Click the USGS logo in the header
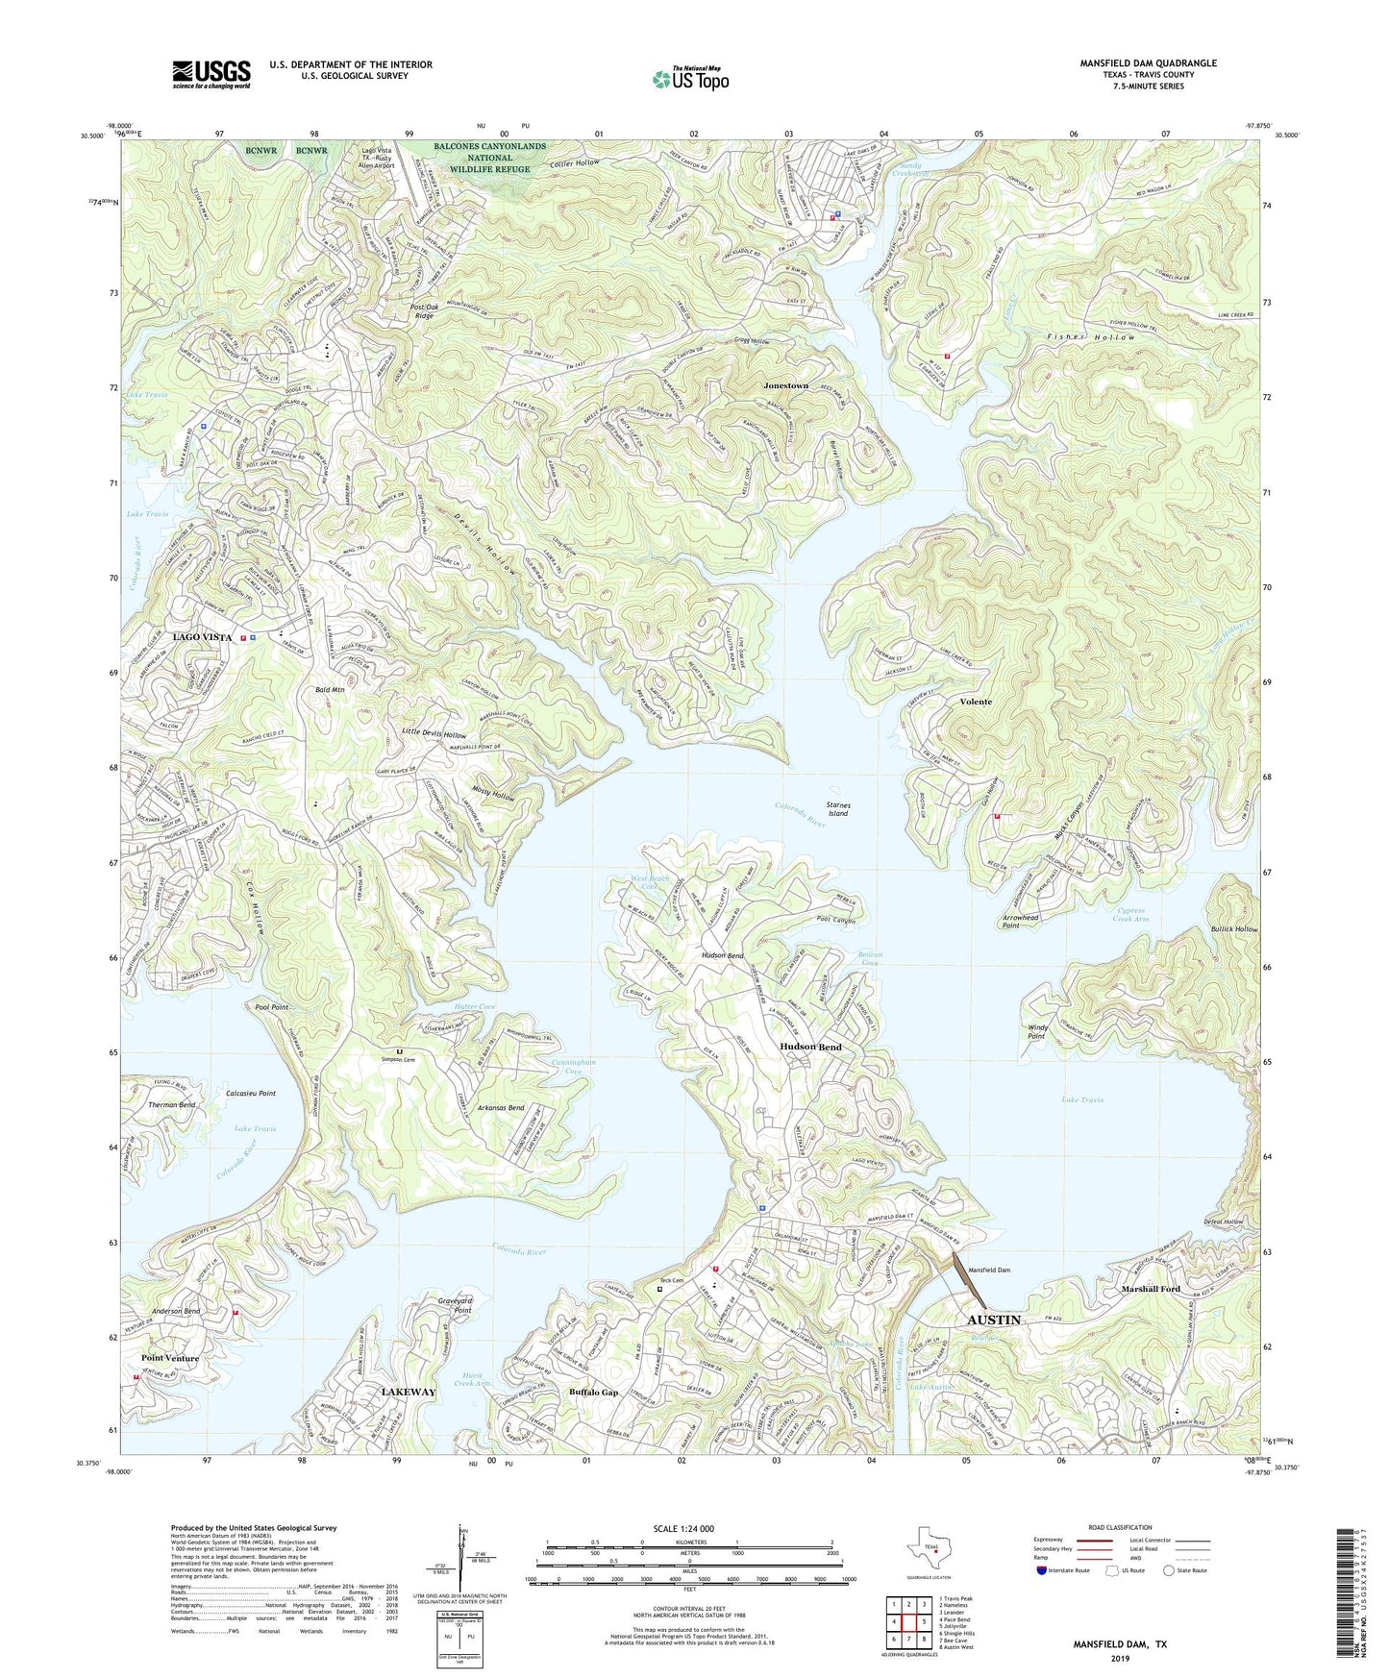(x=211, y=74)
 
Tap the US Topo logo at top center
(x=689, y=79)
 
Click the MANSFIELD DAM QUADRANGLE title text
(x=1147, y=63)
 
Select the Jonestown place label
(x=785, y=385)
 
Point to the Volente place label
(x=976, y=702)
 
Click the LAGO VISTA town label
(x=202, y=637)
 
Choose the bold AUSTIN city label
(x=993, y=1320)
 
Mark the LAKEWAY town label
(x=409, y=1392)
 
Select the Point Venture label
(x=170, y=1358)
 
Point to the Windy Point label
(x=1036, y=1031)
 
